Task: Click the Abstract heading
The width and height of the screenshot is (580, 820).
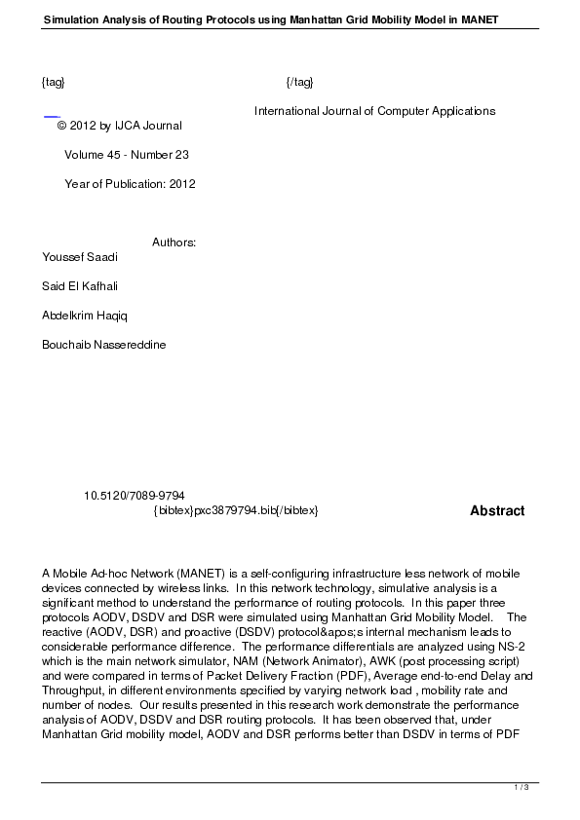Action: click(x=497, y=510)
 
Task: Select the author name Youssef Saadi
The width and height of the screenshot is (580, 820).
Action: click(x=80, y=257)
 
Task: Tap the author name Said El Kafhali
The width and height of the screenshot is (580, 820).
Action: click(x=81, y=286)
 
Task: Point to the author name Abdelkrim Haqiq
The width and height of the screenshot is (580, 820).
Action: click(x=85, y=316)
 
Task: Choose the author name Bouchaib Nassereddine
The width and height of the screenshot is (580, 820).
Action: click(x=104, y=345)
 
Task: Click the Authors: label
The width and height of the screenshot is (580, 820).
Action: click(x=174, y=242)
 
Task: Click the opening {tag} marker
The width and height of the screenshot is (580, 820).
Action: click(x=54, y=82)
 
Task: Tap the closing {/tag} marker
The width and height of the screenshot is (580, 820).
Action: click(x=299, y=82)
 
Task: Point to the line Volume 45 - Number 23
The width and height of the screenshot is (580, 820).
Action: click(x=127, y=155)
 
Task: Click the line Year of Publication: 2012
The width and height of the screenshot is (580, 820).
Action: click(x=130, y=184)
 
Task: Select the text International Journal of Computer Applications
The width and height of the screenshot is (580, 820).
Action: click(x=374, y=111)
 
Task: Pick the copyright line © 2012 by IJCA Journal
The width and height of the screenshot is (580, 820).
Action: click(x=120, y=126)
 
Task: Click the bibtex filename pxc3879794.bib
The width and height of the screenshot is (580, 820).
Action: click(x=235, y=510)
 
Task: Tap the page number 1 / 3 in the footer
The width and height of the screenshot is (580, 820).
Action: click(x=521, y=787)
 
